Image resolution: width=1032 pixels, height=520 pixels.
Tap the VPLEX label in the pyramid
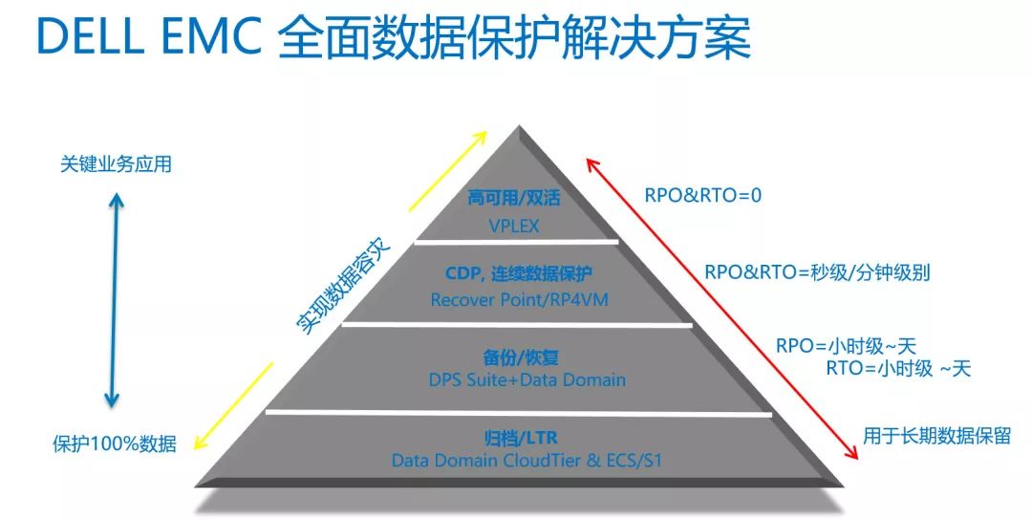click(514, 226)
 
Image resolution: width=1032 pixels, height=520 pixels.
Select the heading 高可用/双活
click(514, 198)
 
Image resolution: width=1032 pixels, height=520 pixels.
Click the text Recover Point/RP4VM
click(519, 299)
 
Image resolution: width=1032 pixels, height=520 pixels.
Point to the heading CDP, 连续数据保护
click(519, 272)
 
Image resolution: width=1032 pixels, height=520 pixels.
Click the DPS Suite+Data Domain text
click(527, 379)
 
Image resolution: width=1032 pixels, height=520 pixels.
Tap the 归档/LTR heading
click(522, 438)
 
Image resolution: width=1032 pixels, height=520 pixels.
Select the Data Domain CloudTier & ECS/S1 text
click(527, 460)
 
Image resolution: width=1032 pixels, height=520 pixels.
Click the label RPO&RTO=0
click(703, 196)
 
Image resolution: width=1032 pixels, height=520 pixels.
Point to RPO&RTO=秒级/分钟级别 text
click(817, 272)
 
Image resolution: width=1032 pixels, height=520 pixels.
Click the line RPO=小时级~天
click(846, 346)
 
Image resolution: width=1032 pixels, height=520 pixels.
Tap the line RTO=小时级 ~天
click(898, 369)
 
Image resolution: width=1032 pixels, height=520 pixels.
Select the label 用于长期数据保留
click(937, 436)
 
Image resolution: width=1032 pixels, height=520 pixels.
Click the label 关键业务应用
click(116, 163)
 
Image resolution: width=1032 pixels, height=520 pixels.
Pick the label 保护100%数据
click(115, 444)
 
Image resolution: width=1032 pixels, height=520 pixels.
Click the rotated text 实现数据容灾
click(343, 287)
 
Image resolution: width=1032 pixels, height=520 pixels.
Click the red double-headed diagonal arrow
click(722, 308)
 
